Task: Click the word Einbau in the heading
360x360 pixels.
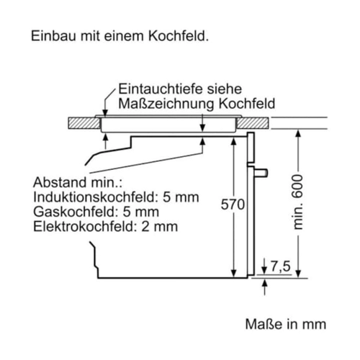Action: coord(54,36)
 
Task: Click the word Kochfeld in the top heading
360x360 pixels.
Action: coord(179,36)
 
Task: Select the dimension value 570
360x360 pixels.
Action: coord(233,204)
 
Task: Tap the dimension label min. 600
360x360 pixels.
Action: coord(298,202)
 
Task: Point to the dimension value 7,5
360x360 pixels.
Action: coord(281,266)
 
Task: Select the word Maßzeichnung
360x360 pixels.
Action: coord(166,104)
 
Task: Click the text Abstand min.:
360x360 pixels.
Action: coord(78,182)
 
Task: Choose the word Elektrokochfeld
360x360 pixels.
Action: coord(84,227)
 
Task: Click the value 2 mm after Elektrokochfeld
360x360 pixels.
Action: coord(160,227)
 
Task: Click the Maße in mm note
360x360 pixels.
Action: coord(286,324)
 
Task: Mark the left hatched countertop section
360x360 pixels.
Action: coord(84,123)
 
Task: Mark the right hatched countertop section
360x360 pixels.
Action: coord(253,123)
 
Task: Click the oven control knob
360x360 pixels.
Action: coord(261,173)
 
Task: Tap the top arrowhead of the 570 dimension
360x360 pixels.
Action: coord(233,142)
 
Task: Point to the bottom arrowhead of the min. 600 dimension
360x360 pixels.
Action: coord(298,273)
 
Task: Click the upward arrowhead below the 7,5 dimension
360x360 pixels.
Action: coord(264,283)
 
